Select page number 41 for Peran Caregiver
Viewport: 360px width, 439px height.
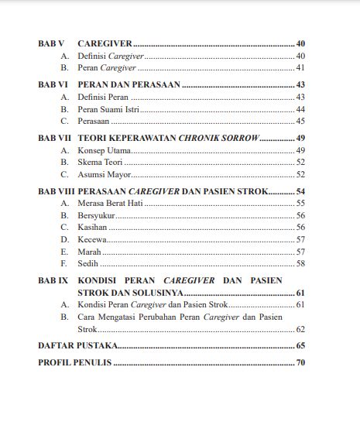point(300,69)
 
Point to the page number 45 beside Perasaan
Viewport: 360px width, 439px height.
point(300,122)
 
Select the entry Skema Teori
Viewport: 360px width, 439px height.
point(101,162)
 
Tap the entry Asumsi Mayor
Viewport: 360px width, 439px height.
point(104,174)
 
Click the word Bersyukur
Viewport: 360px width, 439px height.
point(97,214)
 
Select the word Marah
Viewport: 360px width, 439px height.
point(90,252)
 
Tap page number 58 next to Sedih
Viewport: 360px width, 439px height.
point(300,264)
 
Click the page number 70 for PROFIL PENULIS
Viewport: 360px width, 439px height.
point(300,362)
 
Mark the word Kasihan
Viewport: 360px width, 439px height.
point(93,227)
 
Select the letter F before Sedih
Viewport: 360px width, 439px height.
point(64,264)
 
